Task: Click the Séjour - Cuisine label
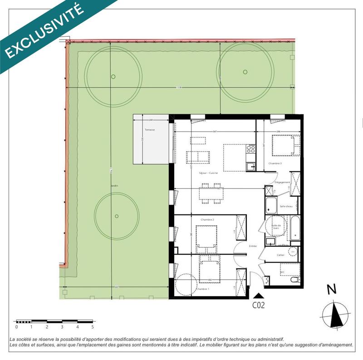208,173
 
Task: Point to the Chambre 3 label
275,163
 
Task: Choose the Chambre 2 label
207,219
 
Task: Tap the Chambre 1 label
202,289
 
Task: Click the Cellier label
281,255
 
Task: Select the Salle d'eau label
286,206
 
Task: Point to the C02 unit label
258,305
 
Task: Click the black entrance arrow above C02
258,296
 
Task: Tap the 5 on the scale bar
93,326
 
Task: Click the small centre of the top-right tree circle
245,72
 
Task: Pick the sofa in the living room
198,157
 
